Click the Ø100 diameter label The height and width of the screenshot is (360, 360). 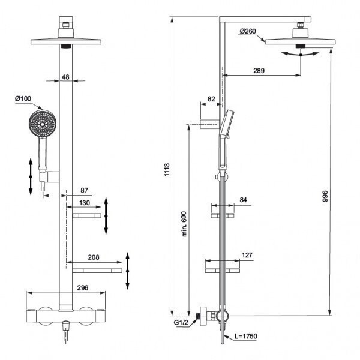[x=23, y=98]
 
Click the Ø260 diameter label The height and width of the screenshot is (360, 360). [x=249, y=31]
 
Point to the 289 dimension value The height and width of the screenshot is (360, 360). [x=259, y=71]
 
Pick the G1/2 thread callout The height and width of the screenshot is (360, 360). [x=181, y=323]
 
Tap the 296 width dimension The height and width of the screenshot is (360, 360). [x=83, y=288]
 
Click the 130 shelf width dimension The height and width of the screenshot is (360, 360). [x=84, y=204]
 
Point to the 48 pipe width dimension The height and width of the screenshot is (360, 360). [x=66, y=76]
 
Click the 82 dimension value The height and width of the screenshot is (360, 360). [x=211, y=99]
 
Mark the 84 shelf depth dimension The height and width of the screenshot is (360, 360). [x=243, y=199]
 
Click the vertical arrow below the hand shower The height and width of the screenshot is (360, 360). [x=31, y=175]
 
